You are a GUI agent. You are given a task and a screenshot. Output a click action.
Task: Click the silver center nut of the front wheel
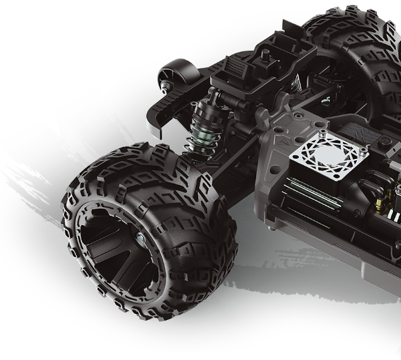click(x=141, y=237)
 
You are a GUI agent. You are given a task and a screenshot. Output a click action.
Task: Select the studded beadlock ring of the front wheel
click(x=87, y=267)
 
